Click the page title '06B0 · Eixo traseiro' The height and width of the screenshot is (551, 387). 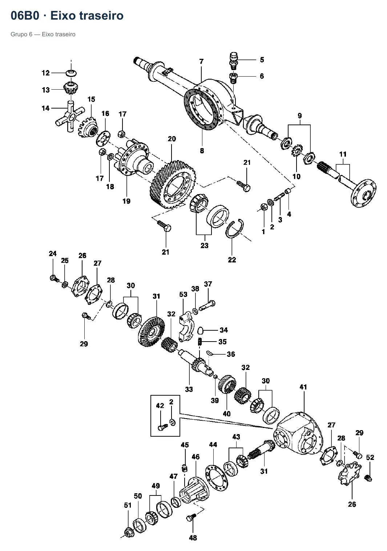click(67, 16)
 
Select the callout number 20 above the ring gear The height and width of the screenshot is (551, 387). click(172, 139)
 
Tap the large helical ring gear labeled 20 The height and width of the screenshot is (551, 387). click(172, 184)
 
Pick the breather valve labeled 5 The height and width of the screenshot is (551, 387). click(234, 61)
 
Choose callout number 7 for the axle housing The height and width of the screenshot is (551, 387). click(201, 61)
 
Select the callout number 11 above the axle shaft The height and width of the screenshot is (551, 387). click(343, 154)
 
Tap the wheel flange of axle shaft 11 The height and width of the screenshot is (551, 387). click(363, 193)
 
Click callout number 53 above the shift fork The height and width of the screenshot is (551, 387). click(183, 294)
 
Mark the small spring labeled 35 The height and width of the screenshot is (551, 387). click(200, 342)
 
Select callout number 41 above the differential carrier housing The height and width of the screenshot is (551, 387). click(303, 387)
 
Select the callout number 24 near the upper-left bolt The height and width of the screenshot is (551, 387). click(53, 254)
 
